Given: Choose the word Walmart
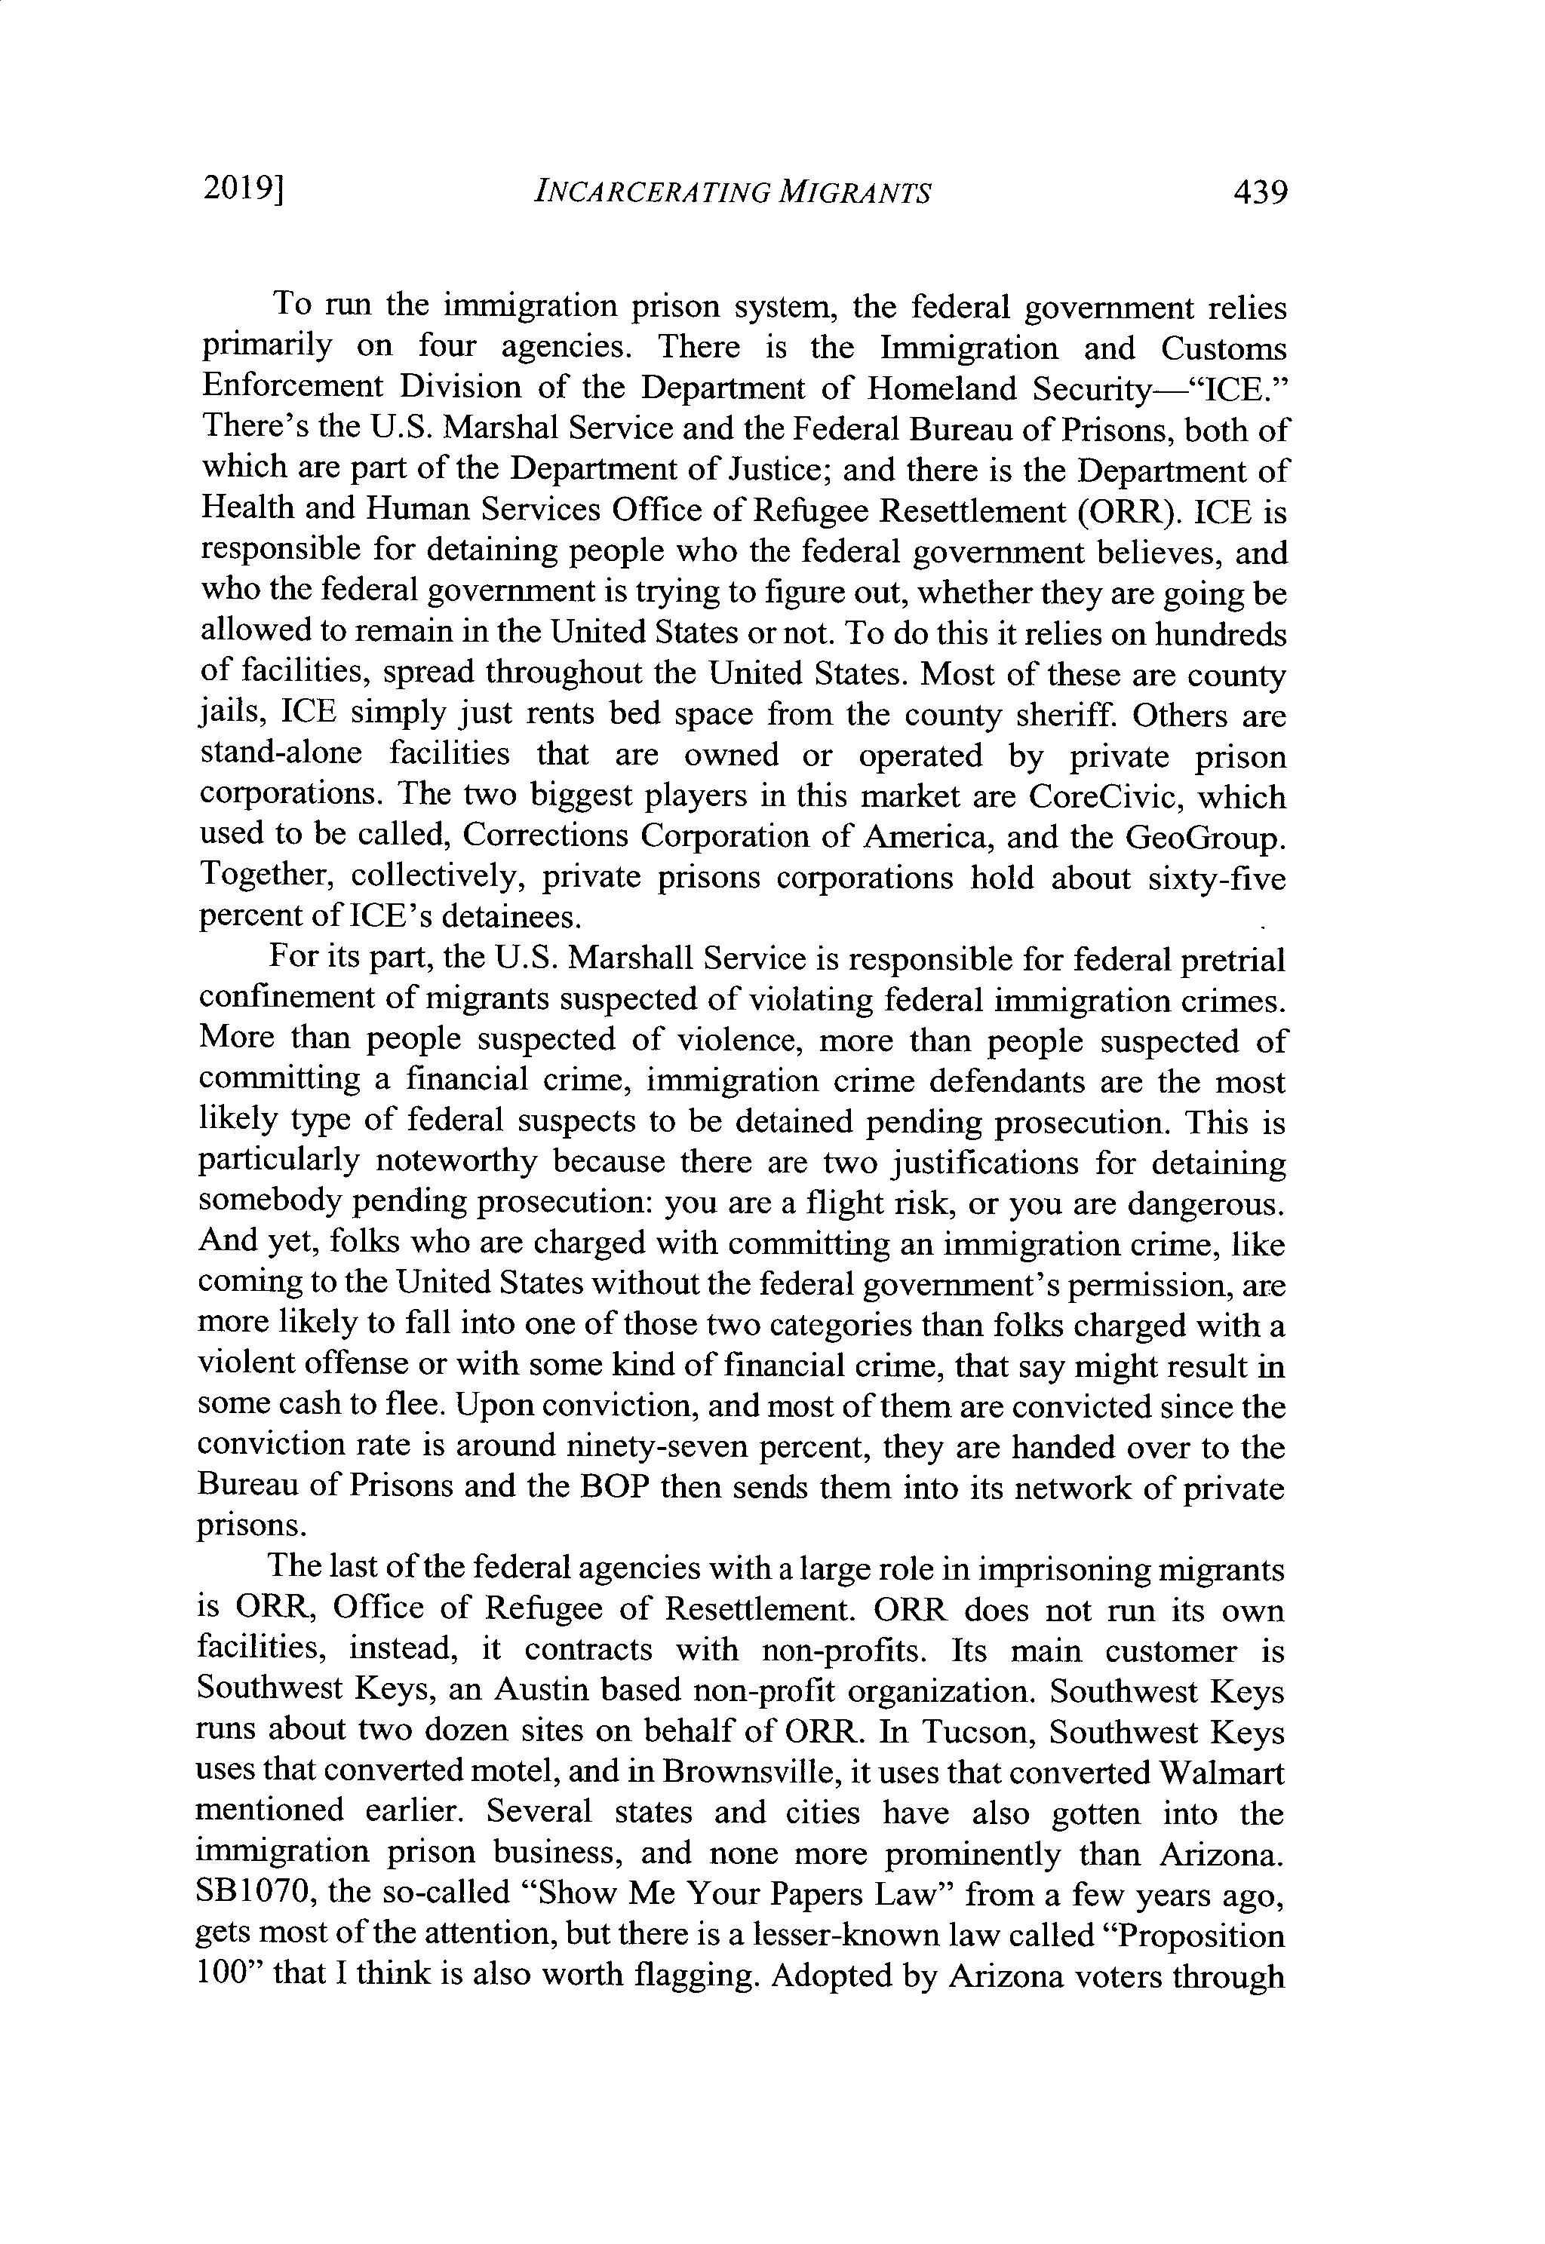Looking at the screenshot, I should pyautogui.click(x=1221, y=1772).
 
